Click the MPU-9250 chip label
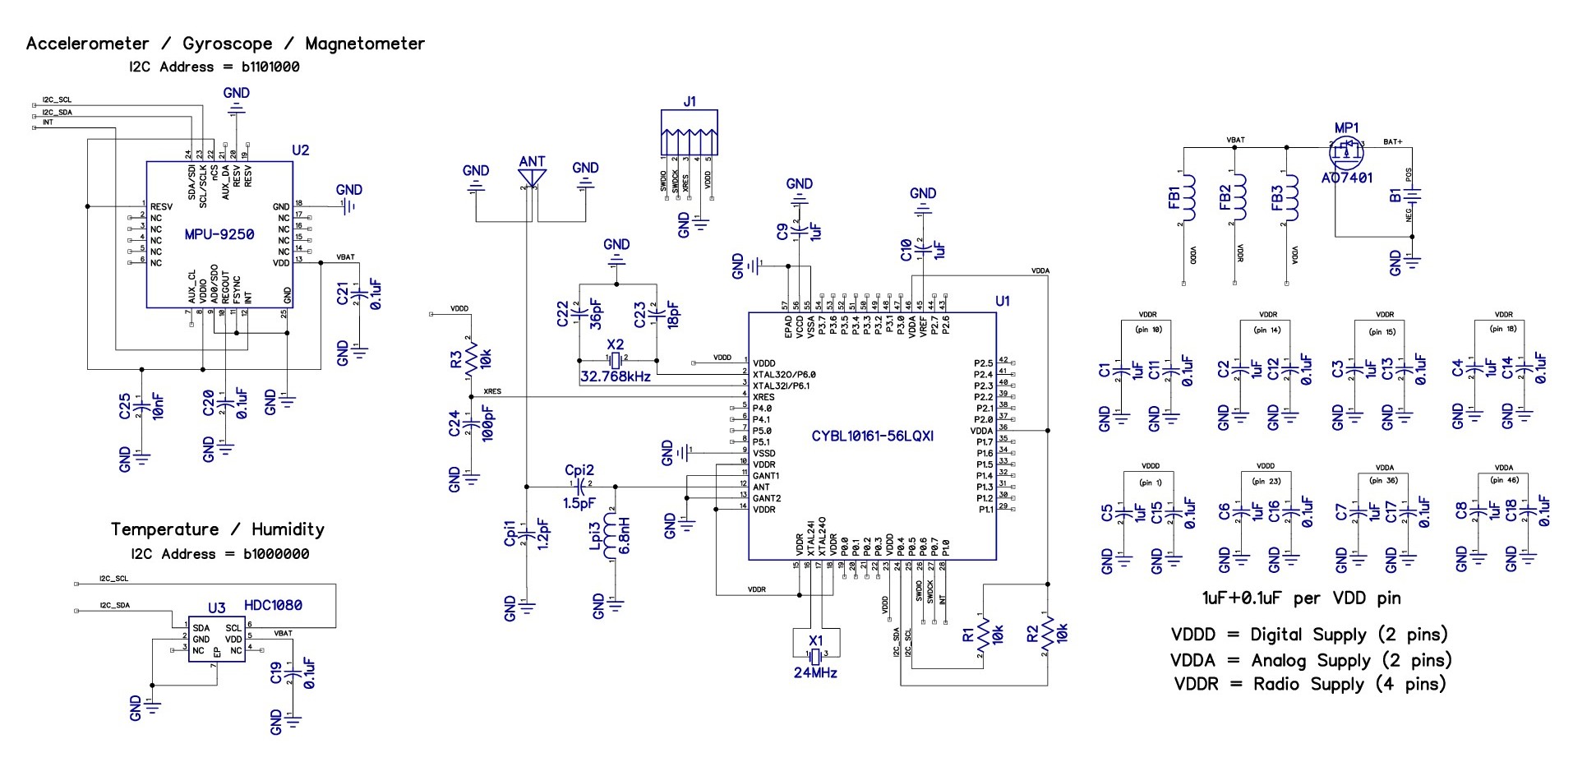[x=219, y=234]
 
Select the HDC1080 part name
[x=273, y=605]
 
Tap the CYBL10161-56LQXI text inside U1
[x=872, y=436]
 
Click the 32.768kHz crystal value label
[x=615, y=376]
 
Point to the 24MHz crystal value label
[x=815, y=672]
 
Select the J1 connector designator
[x=689, y=102]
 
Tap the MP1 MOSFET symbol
[x=1345, y=151]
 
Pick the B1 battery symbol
[x=1414, y=196]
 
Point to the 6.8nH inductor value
[x=624, y=535]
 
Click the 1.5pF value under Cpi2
[x=579, y=503]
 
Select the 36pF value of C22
[x=597, y=314]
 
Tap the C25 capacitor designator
[x=124, y=406]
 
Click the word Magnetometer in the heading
[x=365, y=44]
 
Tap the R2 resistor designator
[x=1033, y=634]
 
